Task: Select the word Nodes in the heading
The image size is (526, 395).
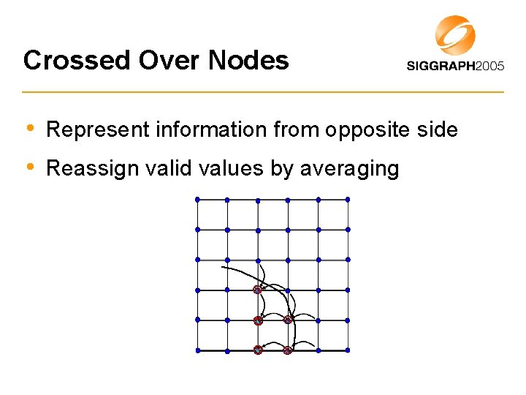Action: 248,60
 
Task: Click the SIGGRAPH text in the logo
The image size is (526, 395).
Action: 441,66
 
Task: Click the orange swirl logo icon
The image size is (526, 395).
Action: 455,34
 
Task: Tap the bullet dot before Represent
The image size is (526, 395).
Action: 29,129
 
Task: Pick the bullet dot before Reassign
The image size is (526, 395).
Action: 29,168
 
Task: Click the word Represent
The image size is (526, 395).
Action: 96,130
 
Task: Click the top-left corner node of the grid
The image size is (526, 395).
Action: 197,199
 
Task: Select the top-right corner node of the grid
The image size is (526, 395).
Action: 348,199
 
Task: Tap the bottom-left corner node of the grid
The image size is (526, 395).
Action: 197,350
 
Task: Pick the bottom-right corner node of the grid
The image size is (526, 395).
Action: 348,350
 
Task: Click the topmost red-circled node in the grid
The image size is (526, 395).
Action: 257,290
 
